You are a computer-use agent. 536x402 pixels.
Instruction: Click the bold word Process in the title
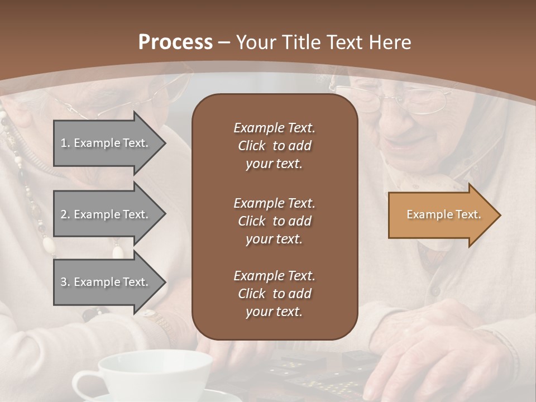point(175,42)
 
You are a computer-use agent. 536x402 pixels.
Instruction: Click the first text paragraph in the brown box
point(274,146)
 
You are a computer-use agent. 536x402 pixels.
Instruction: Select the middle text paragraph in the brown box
point(274,221)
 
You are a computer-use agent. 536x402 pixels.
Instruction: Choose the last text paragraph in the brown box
point(274,294)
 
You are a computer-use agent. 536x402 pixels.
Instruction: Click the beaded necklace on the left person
point(28,184)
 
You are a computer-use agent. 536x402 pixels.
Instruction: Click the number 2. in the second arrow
point(65,214)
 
